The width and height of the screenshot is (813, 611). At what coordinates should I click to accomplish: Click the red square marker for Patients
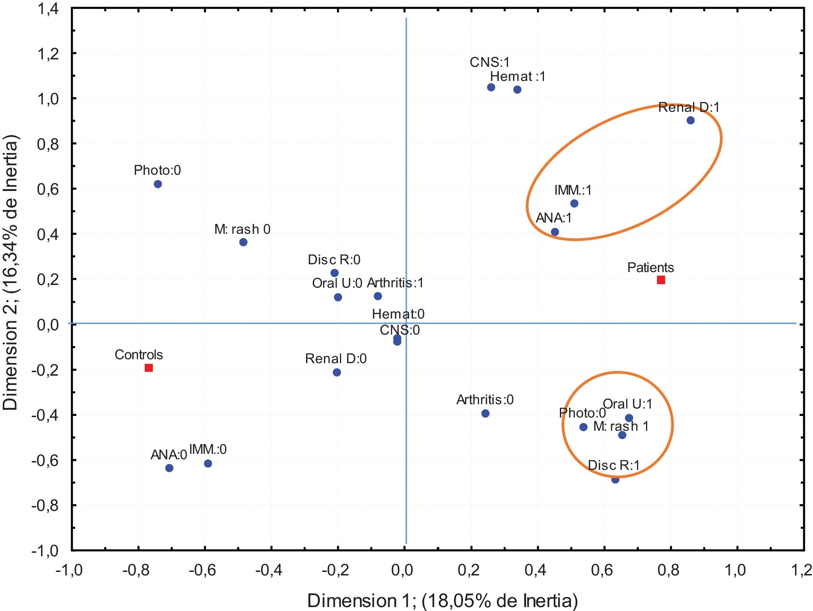(660, 280)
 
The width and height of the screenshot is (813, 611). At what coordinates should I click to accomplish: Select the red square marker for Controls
(149, 368)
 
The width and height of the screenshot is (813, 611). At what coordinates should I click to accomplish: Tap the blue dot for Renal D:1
(690, 120)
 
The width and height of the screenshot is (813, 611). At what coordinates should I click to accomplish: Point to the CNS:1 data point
(491, 87)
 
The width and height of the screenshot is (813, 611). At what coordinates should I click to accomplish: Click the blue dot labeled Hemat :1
(517, 90)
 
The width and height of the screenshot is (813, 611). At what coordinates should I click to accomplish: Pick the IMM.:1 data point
(574, 203)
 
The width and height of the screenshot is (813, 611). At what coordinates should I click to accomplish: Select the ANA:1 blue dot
(555, 232)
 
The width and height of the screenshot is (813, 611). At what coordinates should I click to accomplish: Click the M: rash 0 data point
(243, 242)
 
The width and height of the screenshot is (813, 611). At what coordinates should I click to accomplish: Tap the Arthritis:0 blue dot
(485, 413)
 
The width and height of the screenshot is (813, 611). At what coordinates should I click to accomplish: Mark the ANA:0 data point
(169, 468)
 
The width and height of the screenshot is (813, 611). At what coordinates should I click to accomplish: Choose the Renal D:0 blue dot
(337, 372)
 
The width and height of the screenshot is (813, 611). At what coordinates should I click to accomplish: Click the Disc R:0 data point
(334, 273)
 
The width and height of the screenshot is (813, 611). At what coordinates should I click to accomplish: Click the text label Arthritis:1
(395, 283)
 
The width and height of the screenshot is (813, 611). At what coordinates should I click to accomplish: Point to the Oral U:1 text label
(627, 404)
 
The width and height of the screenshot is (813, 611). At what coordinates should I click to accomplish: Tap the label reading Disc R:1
(614, 465)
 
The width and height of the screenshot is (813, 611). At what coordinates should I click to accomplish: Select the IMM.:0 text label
(208, 449)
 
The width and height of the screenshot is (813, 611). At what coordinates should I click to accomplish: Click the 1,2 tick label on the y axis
(48, 54)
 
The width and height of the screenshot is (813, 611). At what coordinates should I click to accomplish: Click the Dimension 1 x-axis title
(442, 600)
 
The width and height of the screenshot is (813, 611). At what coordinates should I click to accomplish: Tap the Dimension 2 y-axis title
(11, 272)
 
